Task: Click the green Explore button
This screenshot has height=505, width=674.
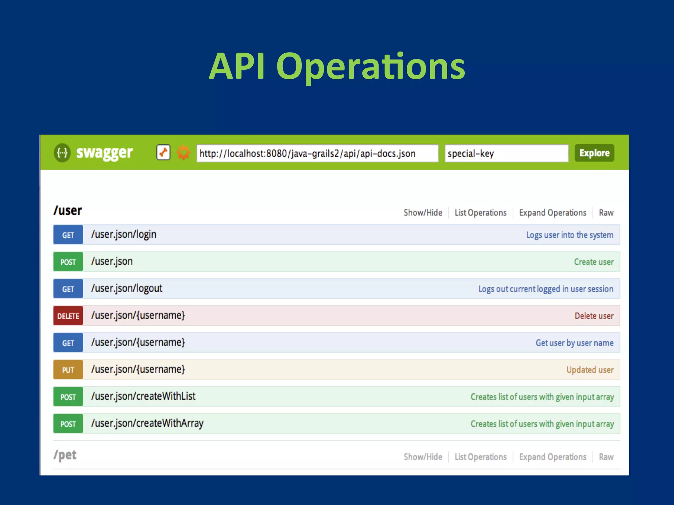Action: pyautogui.click(x=594, y=153)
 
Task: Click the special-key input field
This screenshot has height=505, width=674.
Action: pyautogui.click(x=506, y=153)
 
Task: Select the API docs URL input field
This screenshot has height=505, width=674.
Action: pyautogui.click(x=317, y=153)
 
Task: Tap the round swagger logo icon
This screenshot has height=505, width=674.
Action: pyautogui.click(x=62, y=153)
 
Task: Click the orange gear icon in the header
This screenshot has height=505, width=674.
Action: pyautogui.click(x=183, y=153)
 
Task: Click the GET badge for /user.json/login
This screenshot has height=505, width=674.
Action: pyautogui.click(x=68, y=235)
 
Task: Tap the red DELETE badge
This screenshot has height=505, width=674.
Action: pyautogui.click(x=68, y=316)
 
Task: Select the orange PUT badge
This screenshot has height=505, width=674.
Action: pyautogui.click(x=68, y=370)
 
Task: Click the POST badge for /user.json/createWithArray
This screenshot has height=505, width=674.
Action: pyautogui.click(x=68, y=423)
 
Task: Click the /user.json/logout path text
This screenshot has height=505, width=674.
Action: pyautogui.click(x=127, y=288)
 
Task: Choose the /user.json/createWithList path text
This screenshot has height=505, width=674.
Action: pyautogui.click(x=143, y=396)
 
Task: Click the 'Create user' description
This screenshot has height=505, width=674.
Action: pyautogui.click(x=593, y=262)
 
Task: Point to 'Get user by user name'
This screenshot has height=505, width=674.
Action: pyautogui.click(x=574, y=343)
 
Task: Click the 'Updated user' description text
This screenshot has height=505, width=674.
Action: pyautogui.click(x=590, y=370)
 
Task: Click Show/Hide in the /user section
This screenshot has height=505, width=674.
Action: pyautogui.click(x=423, y=213)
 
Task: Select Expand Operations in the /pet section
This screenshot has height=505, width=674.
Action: pyautogui.click(x=553, y=457)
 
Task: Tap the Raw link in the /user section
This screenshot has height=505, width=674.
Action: pyautogui.click(x=606, y=213)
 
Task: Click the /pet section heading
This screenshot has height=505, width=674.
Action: pyautogui.click(x=65, y=455)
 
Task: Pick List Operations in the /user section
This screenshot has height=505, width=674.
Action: pyautogui.click(x=480, y=213)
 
